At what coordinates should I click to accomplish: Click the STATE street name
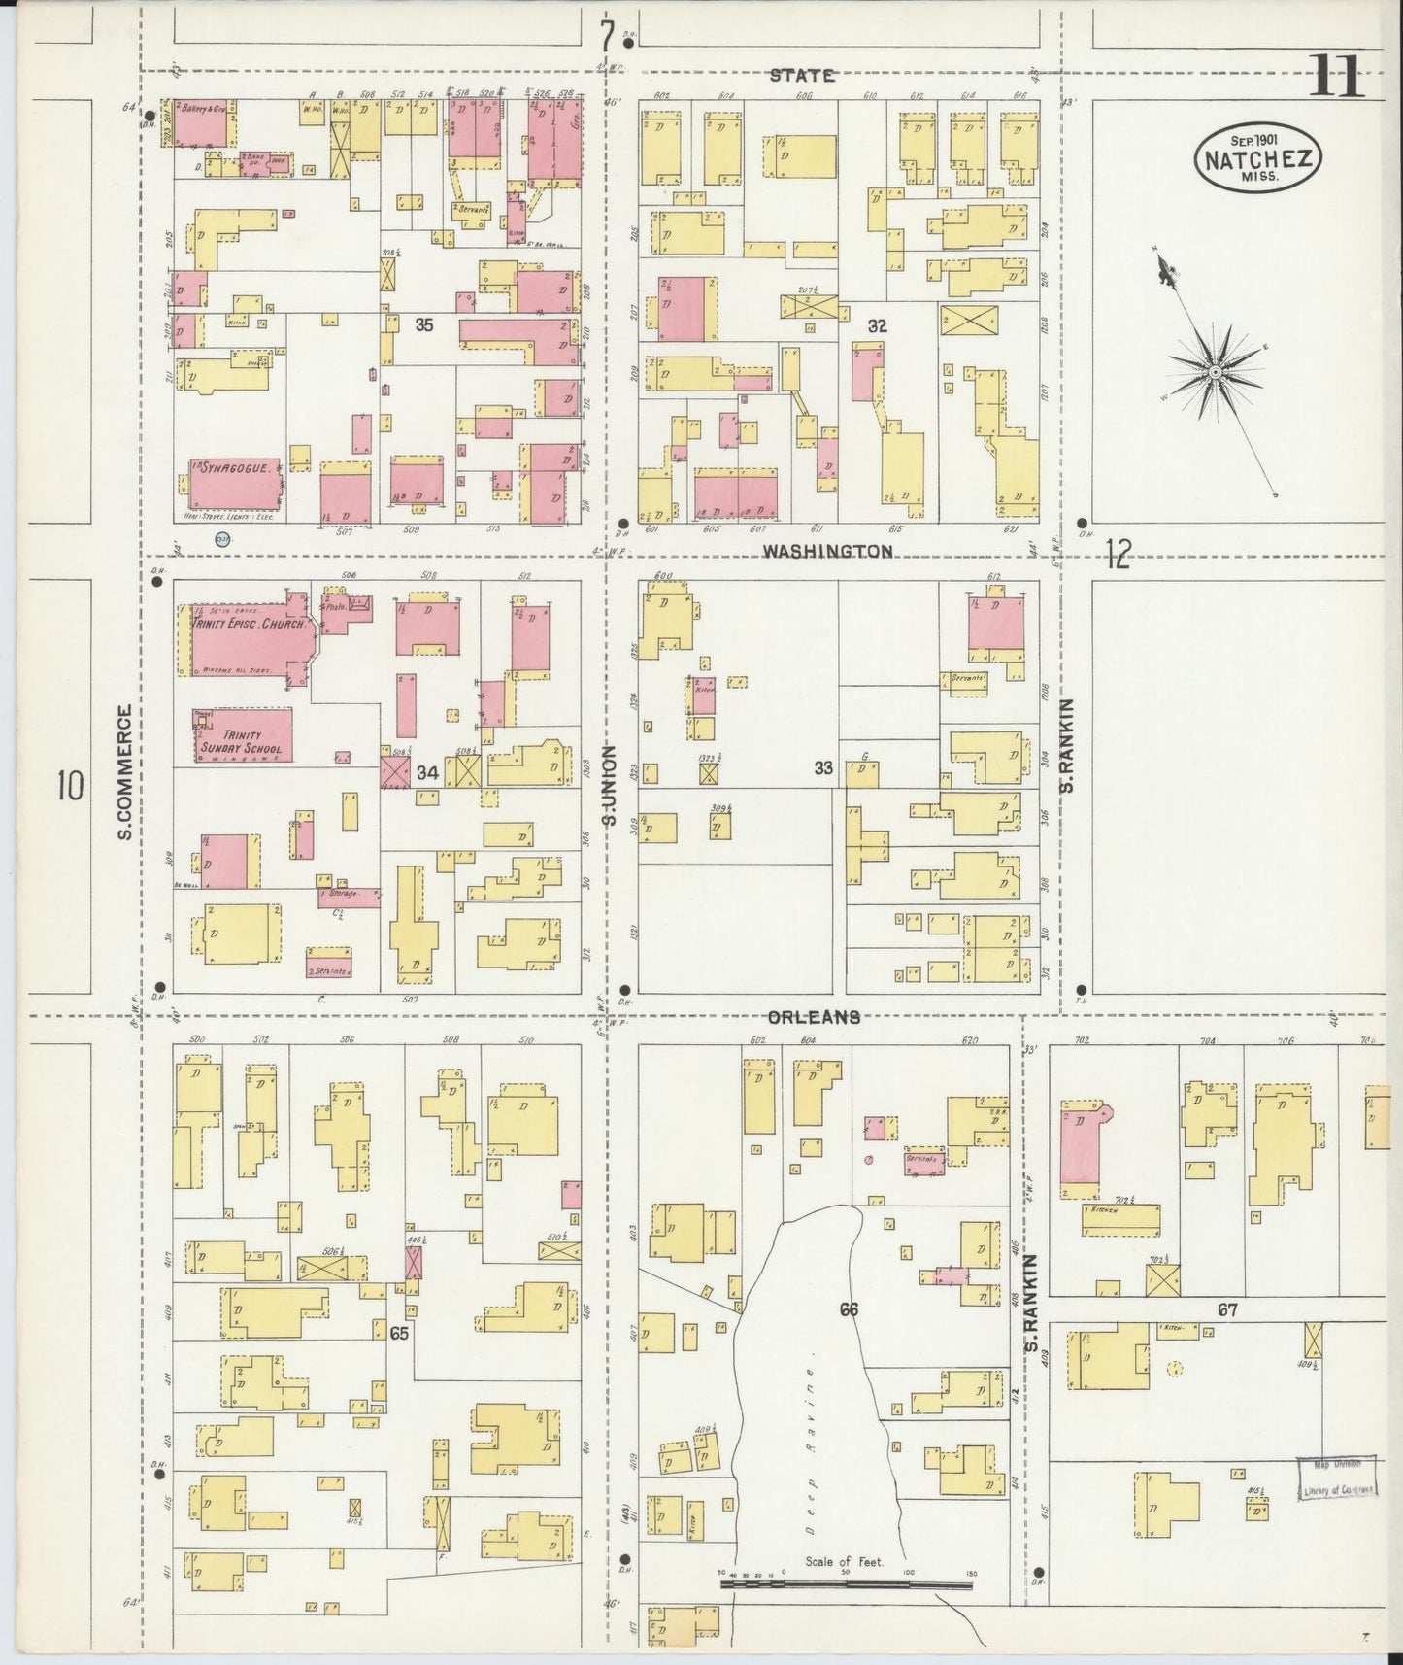pos(801,75)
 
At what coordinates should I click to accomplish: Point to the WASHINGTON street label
pos(826,551)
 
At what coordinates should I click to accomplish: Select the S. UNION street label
pos(610,785)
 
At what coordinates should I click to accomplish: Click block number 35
pos(424,325)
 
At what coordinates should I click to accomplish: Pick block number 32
pos(877,326)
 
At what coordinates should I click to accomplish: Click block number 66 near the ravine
pos(849,1309)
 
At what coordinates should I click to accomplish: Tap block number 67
pos(1228,1309)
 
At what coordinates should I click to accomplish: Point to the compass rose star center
pos(1214,372)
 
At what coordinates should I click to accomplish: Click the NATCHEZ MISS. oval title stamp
pos(1259,159)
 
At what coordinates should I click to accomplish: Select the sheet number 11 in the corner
pos(1337,76)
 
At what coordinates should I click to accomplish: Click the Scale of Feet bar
pos(846,1585)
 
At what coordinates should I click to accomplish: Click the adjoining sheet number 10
pos(69,785)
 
